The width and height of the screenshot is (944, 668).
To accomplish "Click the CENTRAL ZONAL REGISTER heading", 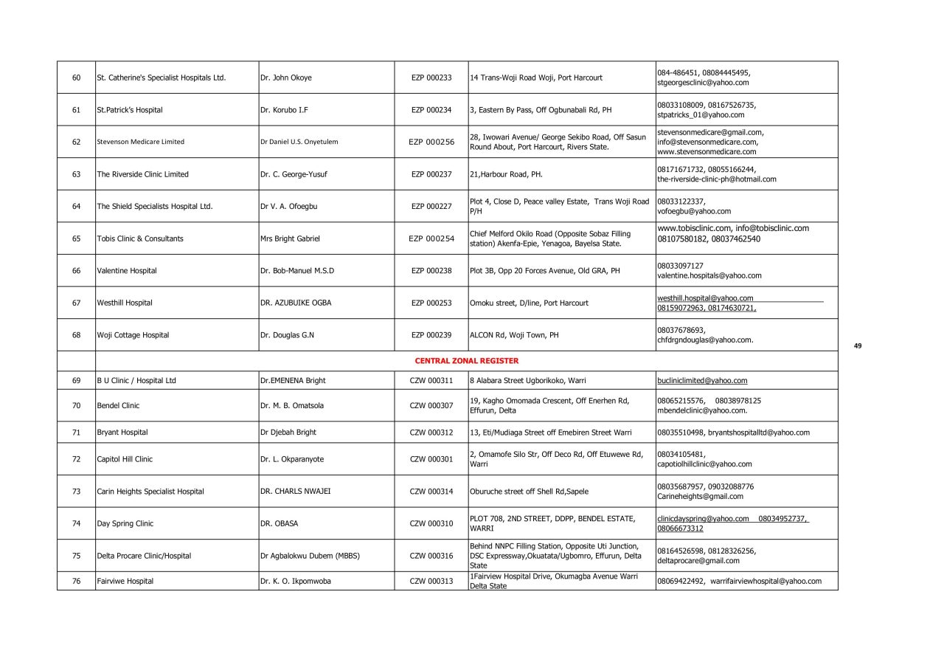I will coord(466,361).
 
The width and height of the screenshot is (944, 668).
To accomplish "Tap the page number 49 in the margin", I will coord(858,345).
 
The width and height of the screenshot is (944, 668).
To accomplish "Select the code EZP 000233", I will coord(431,78).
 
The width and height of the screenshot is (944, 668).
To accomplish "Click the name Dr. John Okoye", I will coord(286,78).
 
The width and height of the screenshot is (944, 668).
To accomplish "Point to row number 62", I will coord(76,142).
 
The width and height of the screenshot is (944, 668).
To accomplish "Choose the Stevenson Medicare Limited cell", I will coord(141,142).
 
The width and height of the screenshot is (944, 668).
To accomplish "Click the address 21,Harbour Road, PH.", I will coord(506,174).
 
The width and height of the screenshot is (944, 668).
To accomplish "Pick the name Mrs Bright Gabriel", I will coord(290,238).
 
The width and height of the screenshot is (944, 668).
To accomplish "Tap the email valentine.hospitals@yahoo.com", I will coord(709,275).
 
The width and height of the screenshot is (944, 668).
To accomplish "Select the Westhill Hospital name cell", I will coord(125,303).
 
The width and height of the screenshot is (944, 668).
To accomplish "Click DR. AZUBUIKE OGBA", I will coord(296,303).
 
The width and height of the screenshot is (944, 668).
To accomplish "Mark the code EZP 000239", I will coord(431,335).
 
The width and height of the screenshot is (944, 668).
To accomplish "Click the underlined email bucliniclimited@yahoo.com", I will coord(702,381).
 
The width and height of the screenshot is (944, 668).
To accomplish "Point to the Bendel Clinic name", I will coord(118,405).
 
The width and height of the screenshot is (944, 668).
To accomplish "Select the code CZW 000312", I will coord(431,432).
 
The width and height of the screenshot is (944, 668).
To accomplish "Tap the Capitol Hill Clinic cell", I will coord(125,459).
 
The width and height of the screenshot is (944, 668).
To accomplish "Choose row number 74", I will coord(76,523).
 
